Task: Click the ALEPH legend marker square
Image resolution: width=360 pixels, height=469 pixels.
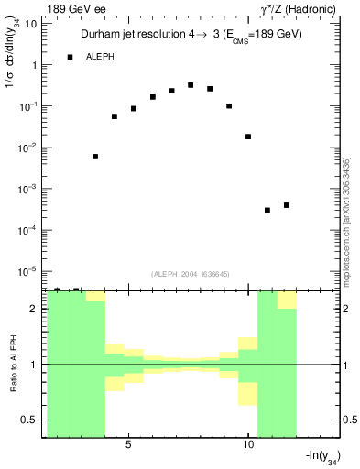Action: click(x=70, y=57)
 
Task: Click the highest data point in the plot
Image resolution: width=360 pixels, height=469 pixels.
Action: click(x=191, y=85)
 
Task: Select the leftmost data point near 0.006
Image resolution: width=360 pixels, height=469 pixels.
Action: click(x=95, y=157)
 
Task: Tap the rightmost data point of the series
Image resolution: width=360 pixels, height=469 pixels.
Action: click(x=287, y=205)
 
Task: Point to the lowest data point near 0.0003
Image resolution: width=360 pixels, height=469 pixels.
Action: click(x=267, y=211)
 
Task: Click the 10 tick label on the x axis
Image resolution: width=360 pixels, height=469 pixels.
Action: click(x=248, y=445)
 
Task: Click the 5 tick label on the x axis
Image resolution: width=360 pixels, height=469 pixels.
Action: click(x=128, y=445)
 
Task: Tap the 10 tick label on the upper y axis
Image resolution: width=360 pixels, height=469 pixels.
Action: click(x=31, y=24)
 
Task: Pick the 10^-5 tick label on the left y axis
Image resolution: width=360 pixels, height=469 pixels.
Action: click(x=27, y=271)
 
